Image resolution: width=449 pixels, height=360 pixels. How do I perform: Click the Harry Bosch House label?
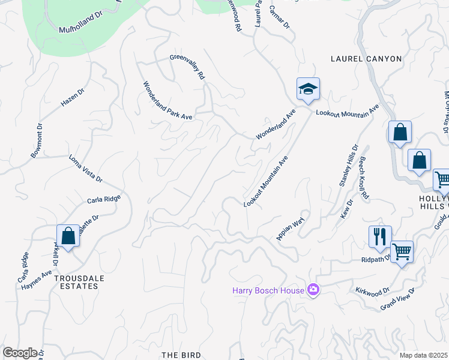point(268,291)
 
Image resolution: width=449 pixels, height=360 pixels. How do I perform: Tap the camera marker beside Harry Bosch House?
point(313,290)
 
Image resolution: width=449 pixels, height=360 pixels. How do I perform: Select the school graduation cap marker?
point(308,89)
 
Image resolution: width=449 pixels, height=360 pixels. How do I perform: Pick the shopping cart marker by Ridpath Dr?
point(402,251)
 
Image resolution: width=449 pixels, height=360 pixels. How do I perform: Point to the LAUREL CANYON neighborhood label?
point(366,59)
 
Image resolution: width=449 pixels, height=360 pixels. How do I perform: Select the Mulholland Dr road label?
point(81,25)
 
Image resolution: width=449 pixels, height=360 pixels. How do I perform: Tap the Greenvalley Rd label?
point(187,67)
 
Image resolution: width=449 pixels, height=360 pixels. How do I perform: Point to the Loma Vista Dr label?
point(86,170)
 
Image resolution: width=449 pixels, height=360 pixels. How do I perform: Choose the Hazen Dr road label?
point(73,97)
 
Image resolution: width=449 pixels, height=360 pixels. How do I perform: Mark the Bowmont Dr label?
point(37,140)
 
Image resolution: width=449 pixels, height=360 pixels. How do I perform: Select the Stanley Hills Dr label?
point(349,166)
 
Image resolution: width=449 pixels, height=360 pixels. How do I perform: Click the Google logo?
point(20,353)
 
